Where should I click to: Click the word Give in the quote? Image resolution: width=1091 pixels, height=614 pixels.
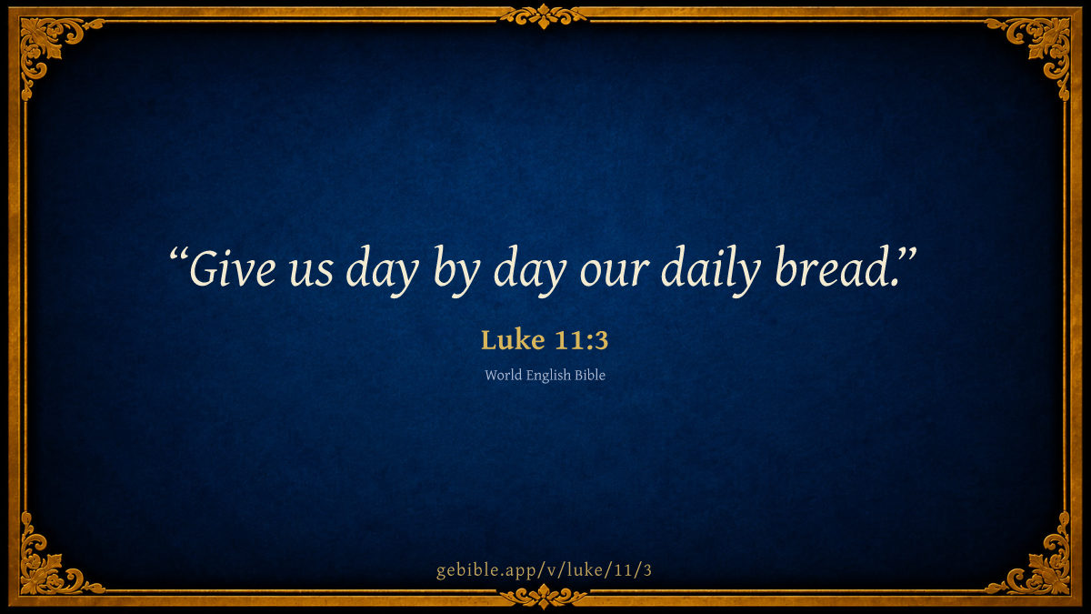(x=233, y=268)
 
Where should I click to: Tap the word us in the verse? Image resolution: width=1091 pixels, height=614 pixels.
(x=311, y=272)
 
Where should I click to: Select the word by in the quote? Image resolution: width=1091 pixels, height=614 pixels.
(x=456, y=271)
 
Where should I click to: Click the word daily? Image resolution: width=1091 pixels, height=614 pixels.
(x=711, y=271)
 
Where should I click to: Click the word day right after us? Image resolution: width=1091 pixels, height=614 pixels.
(x=383, y=271)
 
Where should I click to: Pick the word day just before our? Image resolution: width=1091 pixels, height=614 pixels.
(x=530, y=271)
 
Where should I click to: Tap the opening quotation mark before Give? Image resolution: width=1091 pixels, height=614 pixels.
(x=179, y=256)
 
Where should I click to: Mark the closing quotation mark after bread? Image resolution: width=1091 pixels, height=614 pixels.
(x=907, y=255)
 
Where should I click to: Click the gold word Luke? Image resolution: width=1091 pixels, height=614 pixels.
(x=513, y=339)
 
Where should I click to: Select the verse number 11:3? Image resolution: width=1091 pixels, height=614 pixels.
(x=582, y=340)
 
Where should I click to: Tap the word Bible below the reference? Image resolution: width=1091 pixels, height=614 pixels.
(x=590, y=375)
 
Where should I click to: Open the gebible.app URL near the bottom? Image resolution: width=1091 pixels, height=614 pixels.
(x=544, y=570)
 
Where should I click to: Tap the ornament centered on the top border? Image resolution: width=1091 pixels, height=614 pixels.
(x=544, y=16)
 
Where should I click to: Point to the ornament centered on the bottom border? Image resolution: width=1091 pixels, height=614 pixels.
(x=544, y=597)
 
